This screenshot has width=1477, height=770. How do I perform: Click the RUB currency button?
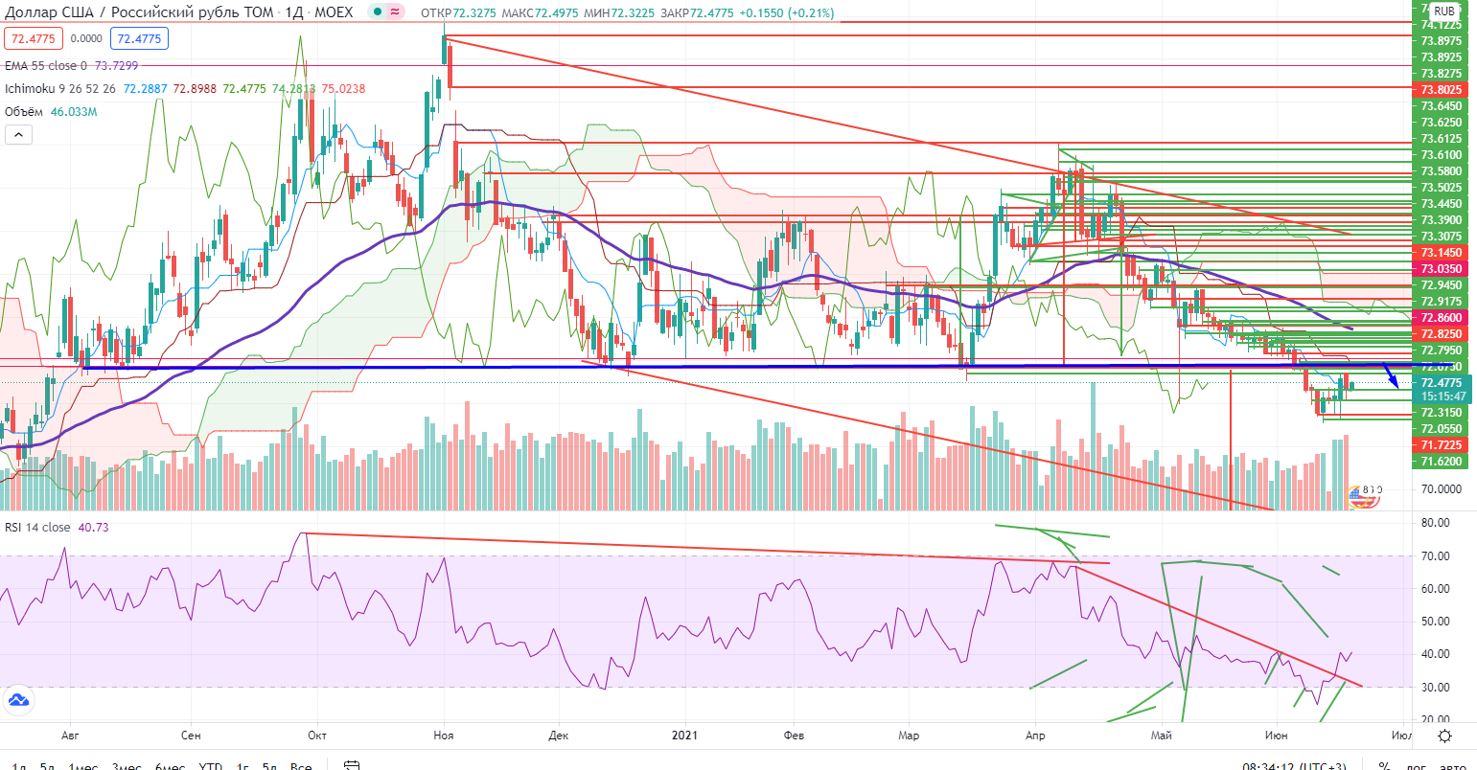coord(1444,11)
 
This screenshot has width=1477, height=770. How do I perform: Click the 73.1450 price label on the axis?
coord(1442,252)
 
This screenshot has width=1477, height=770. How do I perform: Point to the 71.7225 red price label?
coord(1442,445)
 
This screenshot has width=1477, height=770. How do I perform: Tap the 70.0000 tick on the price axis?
coord(1442,488)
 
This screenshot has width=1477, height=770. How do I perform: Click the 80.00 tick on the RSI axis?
coord(1435,523)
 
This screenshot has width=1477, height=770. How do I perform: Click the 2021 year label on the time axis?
coord(685,736)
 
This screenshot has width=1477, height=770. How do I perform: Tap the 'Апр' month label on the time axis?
coord(1035,736)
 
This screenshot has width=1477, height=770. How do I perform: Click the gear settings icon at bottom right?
coord(1444,736)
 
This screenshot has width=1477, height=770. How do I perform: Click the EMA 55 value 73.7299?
coord(116,65)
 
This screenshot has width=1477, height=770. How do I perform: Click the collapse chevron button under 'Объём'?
coord(18,136)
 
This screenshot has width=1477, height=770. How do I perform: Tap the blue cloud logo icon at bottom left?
coord(16,700)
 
